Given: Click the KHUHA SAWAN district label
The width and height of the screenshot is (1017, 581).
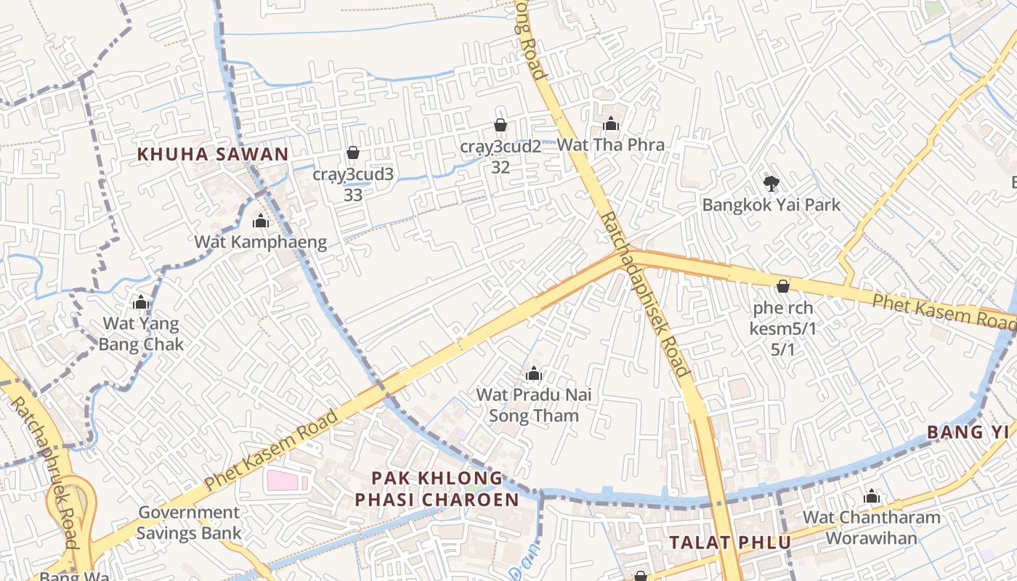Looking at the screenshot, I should click(213, 154).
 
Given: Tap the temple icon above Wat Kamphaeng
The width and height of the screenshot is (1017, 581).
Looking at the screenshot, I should click(261, 221).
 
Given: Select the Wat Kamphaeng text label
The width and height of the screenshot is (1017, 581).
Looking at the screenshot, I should click(261, 242).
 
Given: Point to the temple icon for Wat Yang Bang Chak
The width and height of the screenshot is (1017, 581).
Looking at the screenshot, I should click(141, 302).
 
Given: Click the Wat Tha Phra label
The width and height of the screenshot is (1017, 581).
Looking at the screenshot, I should click(610, 145).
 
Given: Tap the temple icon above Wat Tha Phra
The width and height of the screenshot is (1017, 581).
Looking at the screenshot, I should click(611, 123).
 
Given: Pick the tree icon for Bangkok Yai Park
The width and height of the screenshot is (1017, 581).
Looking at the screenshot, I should click(771, 184).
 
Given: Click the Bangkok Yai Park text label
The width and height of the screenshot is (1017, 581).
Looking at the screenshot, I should click(771, 205).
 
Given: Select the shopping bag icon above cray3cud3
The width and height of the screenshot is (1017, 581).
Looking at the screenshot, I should click(353, 153).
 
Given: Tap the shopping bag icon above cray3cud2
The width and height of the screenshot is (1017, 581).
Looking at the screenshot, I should click(501, 125).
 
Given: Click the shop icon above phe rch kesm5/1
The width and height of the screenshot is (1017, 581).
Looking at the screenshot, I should click(783, 286).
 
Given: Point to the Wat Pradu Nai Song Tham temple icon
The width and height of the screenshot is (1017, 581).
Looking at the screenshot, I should click(534, 374).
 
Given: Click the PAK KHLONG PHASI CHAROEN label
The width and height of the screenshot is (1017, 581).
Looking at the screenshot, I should click(437, 489).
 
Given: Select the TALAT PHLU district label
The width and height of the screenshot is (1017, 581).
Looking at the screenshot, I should click(730, 543).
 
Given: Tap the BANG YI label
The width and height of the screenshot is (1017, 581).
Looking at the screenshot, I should click(968, 432).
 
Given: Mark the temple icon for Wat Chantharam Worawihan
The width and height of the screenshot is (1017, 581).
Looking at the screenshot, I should click(872, 497).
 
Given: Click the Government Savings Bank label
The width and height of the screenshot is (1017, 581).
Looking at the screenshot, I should click(189, 522).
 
